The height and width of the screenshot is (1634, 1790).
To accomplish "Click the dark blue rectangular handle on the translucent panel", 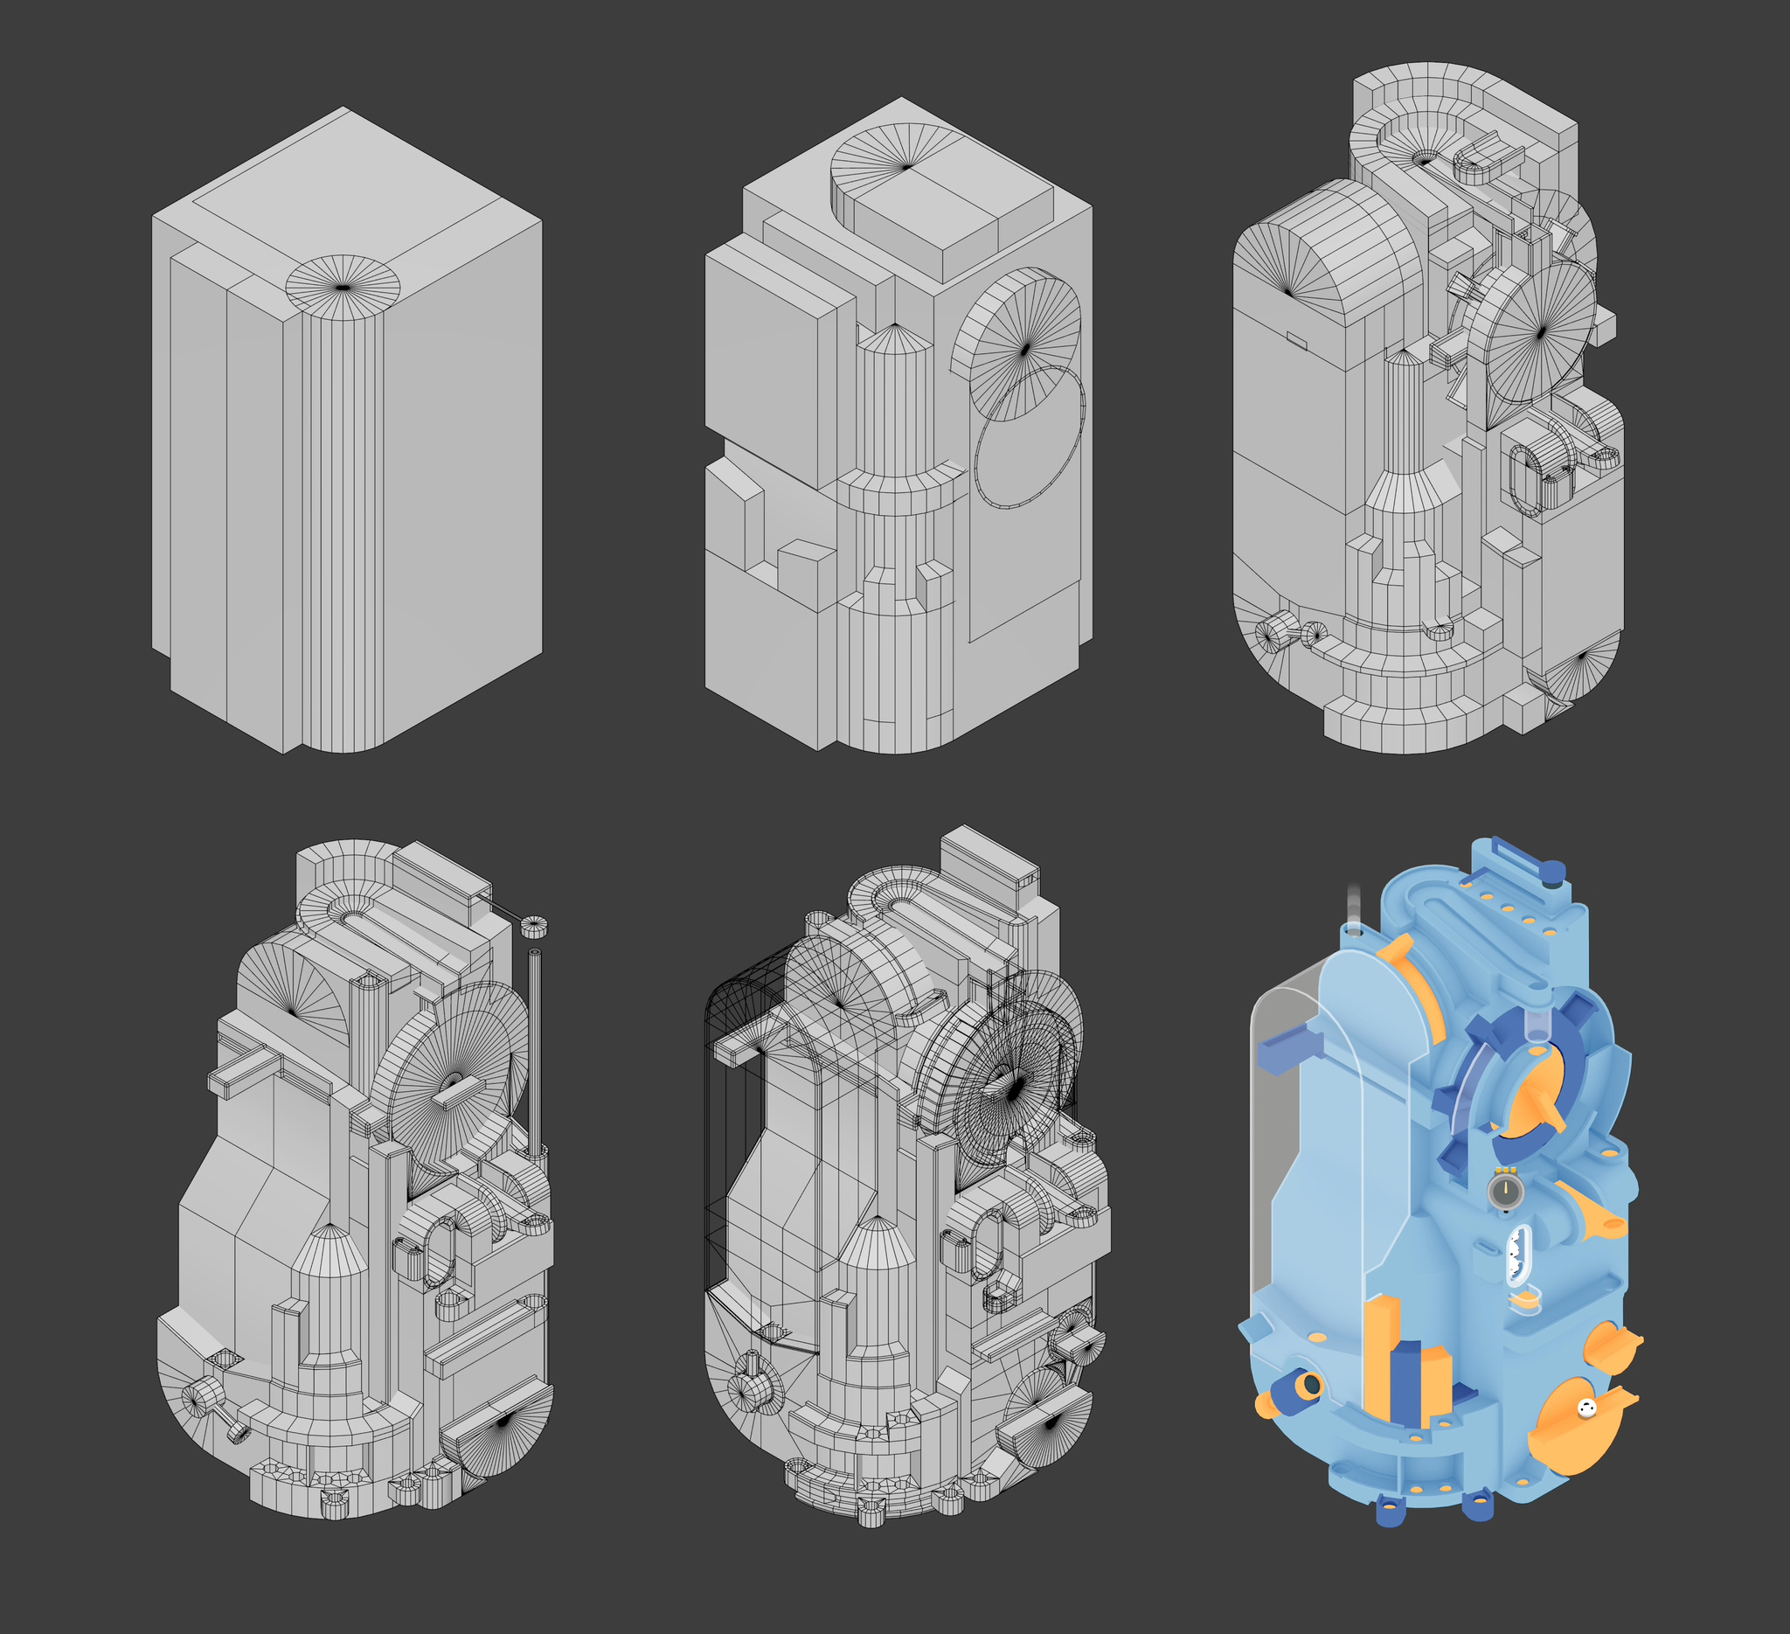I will pyautogui.click(x=1284, y=1050).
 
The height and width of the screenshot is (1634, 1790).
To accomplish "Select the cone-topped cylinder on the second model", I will pyautogui.click(x=894, y=400).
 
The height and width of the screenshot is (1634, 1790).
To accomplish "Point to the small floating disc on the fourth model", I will pyautogui.click(x=534, y=926).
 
